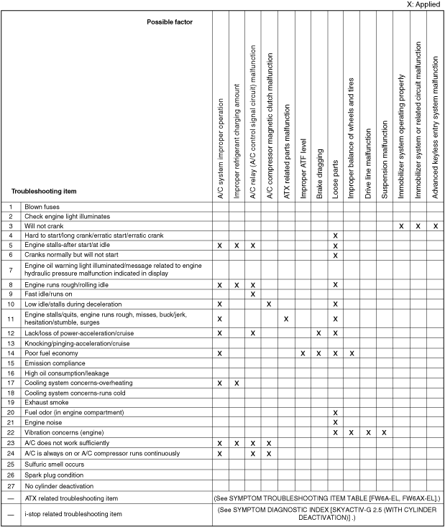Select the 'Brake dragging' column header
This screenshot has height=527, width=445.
pos(319,172)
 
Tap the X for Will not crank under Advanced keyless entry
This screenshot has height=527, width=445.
pos(436,225)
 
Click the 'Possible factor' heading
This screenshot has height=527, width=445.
pos(170,22)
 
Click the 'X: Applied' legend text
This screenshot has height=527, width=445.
pos(423,4)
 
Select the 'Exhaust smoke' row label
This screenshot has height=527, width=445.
pos(48,403)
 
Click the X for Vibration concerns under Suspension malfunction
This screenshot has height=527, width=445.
pos(385,432)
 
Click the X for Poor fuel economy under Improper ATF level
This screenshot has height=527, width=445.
pos(303,353)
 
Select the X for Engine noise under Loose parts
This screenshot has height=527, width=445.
pos(336,422)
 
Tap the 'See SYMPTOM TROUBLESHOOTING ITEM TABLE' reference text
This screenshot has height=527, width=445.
pos(328,498)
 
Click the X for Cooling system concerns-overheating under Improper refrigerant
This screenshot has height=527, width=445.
pos(237,383)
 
